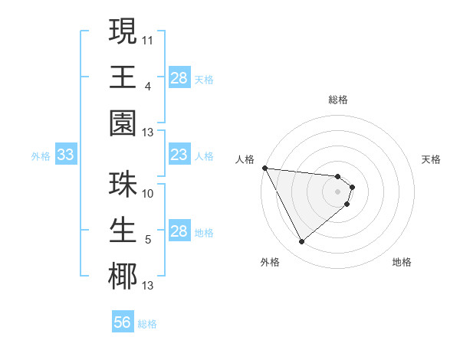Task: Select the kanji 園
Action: tap(122, 124)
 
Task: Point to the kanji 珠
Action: tap(122, 185)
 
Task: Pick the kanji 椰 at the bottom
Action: tap(122, 276)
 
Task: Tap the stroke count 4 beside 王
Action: tap(147, 86)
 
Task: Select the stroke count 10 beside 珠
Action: tap(148, 193)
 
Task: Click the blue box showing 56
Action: tap(123, 322)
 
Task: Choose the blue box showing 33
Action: tap(65, 155)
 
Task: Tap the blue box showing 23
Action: tap(179, 155)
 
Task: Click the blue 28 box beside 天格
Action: tap(179, 78)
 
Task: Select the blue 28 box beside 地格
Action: tap(179, 232)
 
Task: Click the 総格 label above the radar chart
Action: tap(338, 100)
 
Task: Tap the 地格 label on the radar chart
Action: tap(402, 262)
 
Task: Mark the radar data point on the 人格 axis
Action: tap(264, 168)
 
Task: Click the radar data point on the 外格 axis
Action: tap(301, 241)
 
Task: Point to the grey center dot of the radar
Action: tap(338, 191)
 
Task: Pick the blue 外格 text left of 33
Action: tap(41, 156)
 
